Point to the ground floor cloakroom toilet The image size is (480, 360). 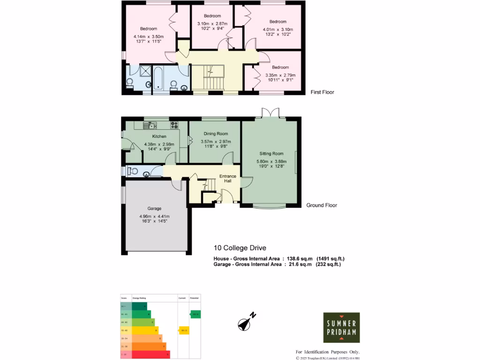click(133, 172)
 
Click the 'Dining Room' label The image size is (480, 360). click(215, 134)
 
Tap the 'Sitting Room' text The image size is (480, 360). click(271, 153)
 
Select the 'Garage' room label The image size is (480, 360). click(154, 209)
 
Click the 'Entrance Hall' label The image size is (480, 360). click(229, 179)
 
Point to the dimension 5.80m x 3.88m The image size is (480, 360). click(271, 162)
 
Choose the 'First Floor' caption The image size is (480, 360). click(322, 92)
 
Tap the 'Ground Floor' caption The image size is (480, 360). click(322, 205)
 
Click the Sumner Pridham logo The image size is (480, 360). click(342, 327)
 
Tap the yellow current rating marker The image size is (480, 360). click(184, 330)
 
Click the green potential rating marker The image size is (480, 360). click(195, 314)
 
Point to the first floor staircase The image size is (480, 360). click(209, 78)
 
